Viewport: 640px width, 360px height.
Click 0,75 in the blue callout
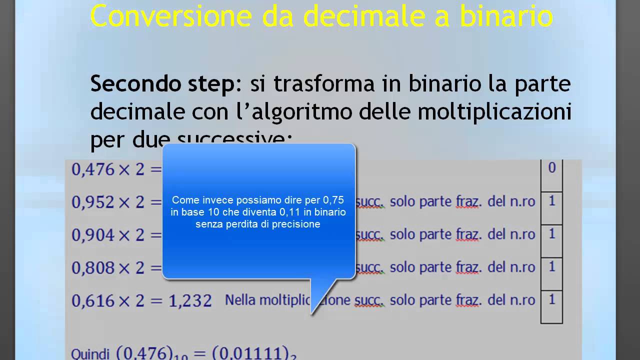[x=333, y=200]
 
